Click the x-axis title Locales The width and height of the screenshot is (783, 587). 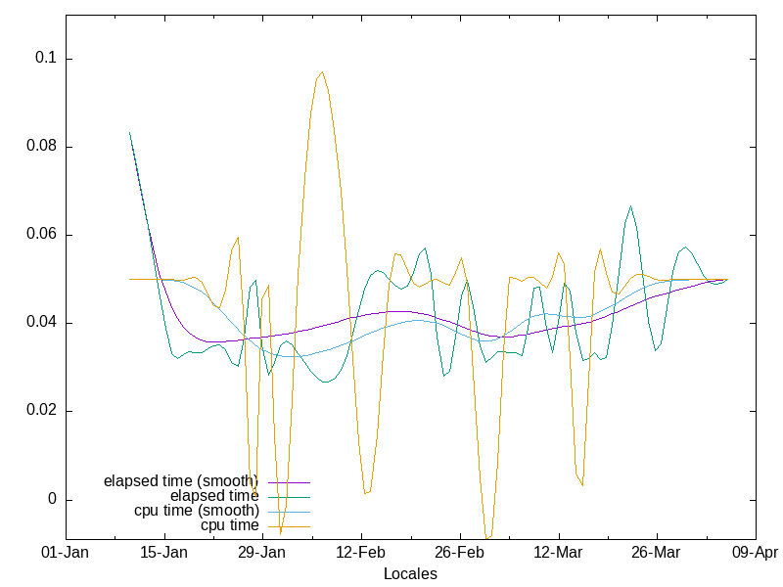[410, 573]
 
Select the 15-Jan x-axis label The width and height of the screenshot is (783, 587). [164, 553]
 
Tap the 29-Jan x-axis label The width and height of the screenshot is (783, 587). [262, 553]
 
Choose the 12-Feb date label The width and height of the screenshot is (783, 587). [361, 553]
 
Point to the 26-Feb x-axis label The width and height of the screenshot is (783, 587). [459, 553]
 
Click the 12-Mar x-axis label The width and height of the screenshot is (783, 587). [558, 553]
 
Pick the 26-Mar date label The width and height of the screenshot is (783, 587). [656, 553]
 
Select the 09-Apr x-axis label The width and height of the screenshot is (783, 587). [755, 553]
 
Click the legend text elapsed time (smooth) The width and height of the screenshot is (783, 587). [181, 481]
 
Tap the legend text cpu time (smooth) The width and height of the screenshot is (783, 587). [197, 511]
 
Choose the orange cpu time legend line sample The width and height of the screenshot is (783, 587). [288, 525]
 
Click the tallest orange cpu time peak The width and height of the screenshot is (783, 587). [321, 72]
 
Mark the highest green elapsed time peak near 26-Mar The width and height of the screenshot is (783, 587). [631, 206]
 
